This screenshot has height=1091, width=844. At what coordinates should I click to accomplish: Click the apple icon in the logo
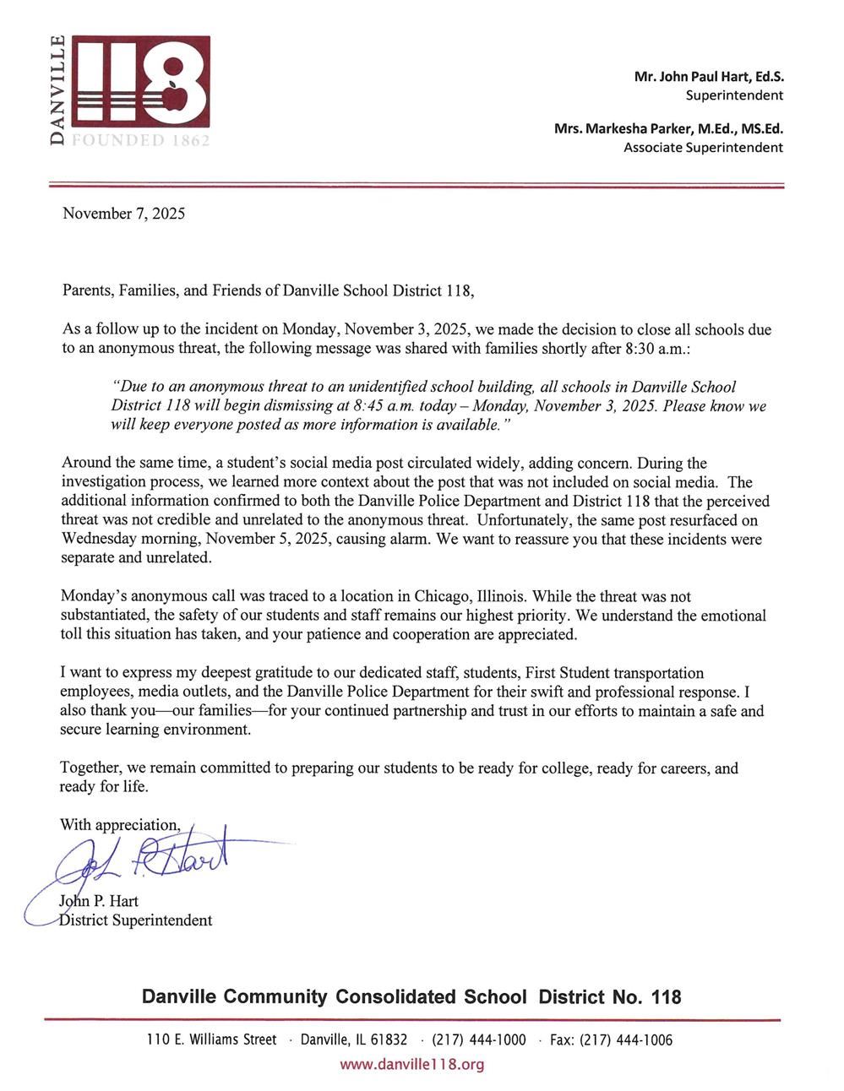tap(175, 95)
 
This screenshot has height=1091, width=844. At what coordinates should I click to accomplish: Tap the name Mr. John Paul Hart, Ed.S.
tap(708, 76)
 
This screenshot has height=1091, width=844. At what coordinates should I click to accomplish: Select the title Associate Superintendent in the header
tap(703, 148)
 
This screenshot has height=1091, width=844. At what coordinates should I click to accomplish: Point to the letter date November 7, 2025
tap(123, 214)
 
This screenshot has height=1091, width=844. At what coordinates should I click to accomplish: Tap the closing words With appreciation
tap(119, 825)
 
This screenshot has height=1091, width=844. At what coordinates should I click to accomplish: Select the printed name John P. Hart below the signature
tap(100, 901)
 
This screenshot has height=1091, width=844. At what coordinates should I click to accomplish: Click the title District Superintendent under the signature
tap(136, 920)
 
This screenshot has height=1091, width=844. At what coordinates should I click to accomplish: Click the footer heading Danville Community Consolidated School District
tap(411, 997)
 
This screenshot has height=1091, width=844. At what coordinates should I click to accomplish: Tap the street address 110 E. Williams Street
tap(211, 1040)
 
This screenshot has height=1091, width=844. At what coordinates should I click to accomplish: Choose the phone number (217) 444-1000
tap(478, 1040)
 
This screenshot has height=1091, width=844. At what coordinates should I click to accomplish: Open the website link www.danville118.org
tap(411, 1065)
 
